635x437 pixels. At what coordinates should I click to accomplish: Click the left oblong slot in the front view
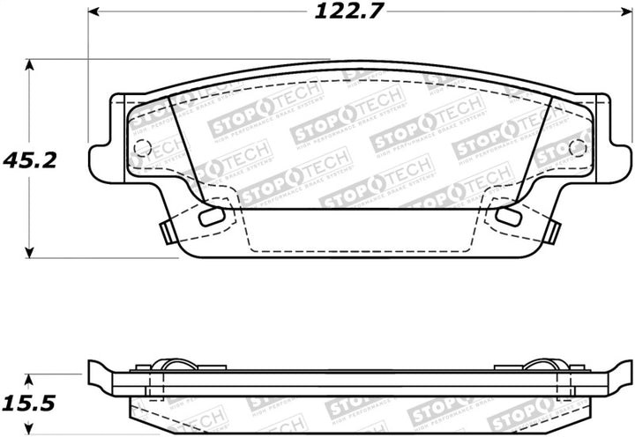coord(213,217)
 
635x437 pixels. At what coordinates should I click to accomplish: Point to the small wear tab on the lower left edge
coord(165,232)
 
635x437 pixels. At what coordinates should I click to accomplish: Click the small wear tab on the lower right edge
coord(553,232)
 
